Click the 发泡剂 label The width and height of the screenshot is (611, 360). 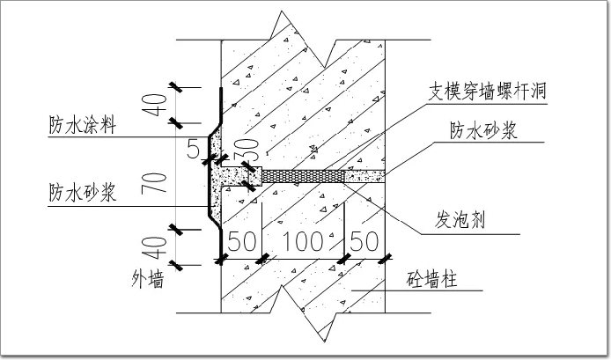tap(462, 217)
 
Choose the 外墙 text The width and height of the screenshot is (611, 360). tap(149, 281)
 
